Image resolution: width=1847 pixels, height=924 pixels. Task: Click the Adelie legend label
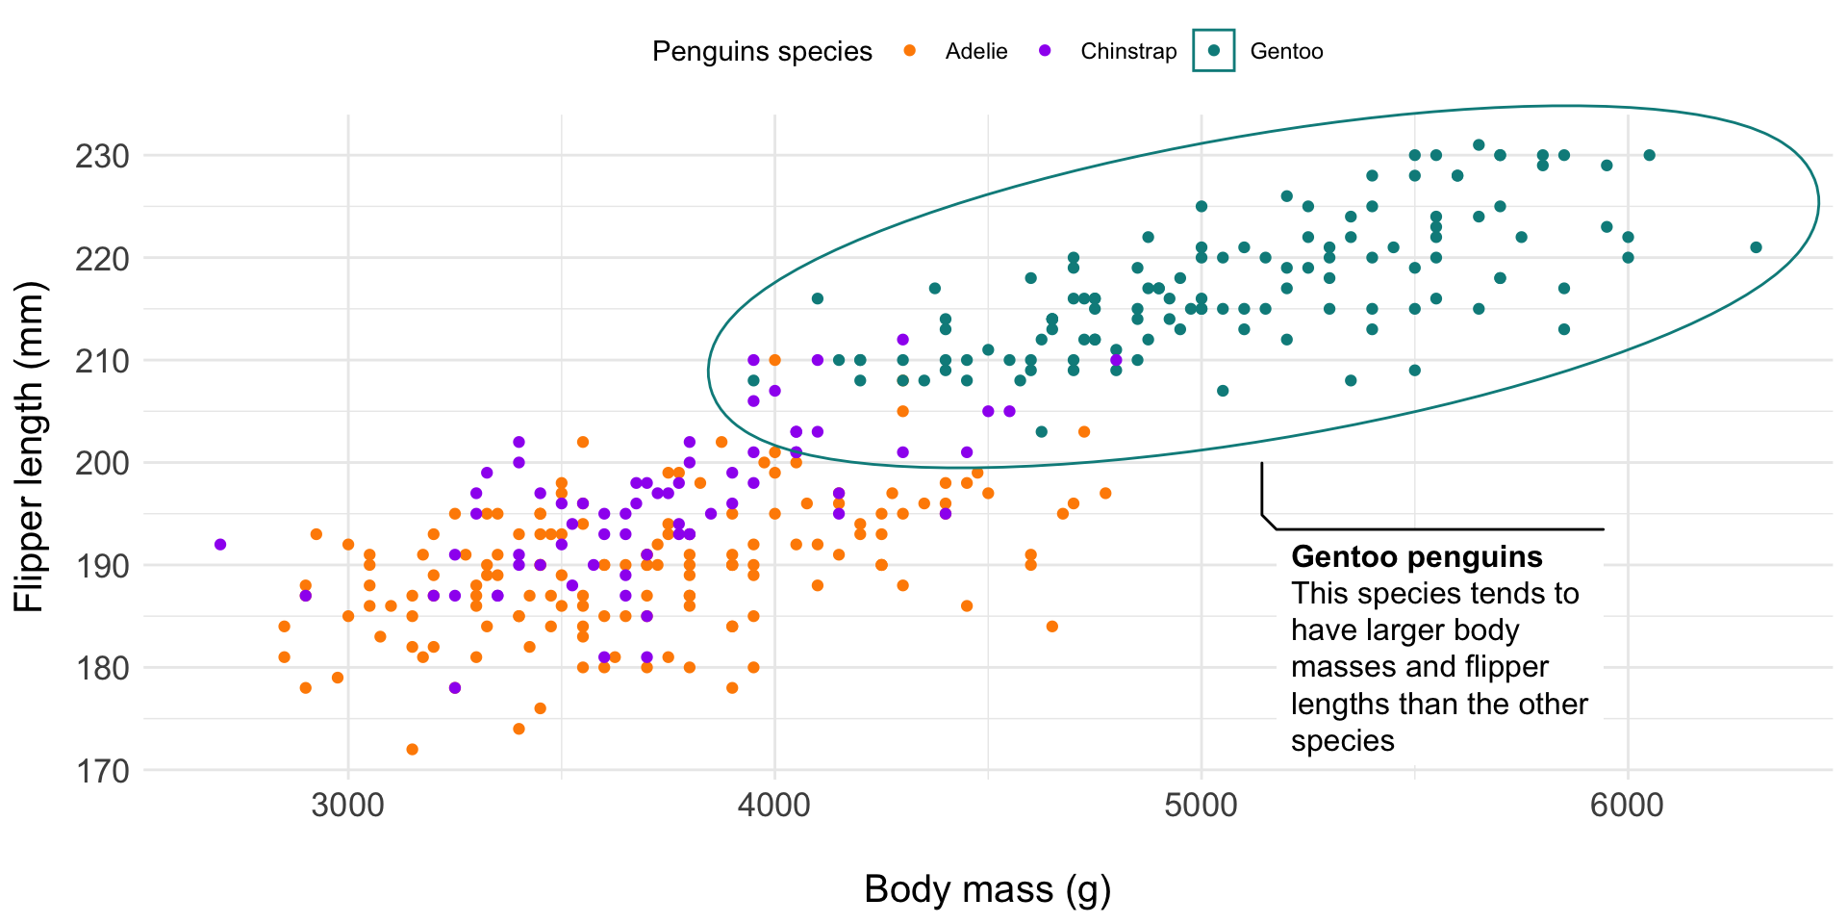click(975, 51)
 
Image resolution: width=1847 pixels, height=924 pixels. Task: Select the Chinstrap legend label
click(1127, 51)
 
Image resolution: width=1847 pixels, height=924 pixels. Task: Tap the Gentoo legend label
click(1286, 51)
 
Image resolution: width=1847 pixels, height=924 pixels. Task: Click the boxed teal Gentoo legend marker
click(1213, 50)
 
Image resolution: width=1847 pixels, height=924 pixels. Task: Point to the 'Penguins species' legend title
click(762, 51)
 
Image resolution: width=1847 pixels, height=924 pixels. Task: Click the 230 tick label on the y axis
click(102, 156)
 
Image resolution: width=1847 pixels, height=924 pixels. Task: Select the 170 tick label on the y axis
click(102, 771)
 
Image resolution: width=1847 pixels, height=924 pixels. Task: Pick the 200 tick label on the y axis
click(102, 463)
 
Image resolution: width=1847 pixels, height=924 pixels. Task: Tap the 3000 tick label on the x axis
click(348, 806)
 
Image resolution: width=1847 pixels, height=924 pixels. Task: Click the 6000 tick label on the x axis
click(1627, 806)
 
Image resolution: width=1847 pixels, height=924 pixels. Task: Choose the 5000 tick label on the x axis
click(1201, 806)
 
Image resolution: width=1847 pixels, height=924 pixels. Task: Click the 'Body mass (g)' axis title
click(987, 888)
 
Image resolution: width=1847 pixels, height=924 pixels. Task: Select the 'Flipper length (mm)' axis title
click(30, 447)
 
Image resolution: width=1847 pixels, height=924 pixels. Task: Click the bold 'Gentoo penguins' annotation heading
click(1416, 556)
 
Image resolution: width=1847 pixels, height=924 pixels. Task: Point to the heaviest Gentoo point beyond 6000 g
click(1756, 247)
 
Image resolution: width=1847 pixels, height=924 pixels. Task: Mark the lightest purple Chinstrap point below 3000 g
click(220, 545)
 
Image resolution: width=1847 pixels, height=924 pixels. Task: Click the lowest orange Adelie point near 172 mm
click(412, 749)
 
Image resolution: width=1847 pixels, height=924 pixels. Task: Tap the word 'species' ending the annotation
click(1342, 741)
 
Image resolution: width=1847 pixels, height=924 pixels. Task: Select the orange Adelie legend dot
click(910, 51)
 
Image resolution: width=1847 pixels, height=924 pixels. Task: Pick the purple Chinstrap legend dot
click(1045, 51)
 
